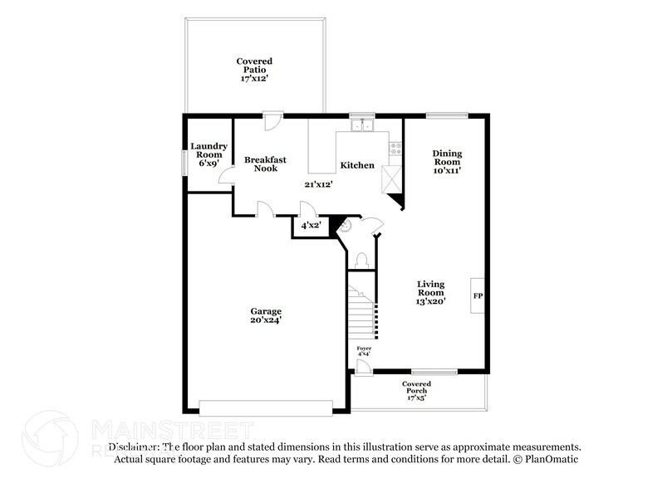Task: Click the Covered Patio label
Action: click(x=254, y=70)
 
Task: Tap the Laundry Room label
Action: click(x=208, y=155)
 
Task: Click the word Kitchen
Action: click(x=357, y=165)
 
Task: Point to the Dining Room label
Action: click(x=447, y=161)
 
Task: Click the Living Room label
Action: click(x=431, y=292)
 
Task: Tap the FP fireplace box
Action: click(x=478, y=295)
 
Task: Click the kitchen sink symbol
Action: click(x=362, y=126)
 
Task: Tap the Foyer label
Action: click(x=364, y=350)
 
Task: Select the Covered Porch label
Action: click(x=416, y=390)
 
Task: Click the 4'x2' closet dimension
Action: click(x=311, y=225)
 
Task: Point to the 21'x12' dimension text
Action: click(x=318, y=184)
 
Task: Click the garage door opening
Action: click(x=266, y=407)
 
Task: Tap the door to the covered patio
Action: click(x=269, y=121)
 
